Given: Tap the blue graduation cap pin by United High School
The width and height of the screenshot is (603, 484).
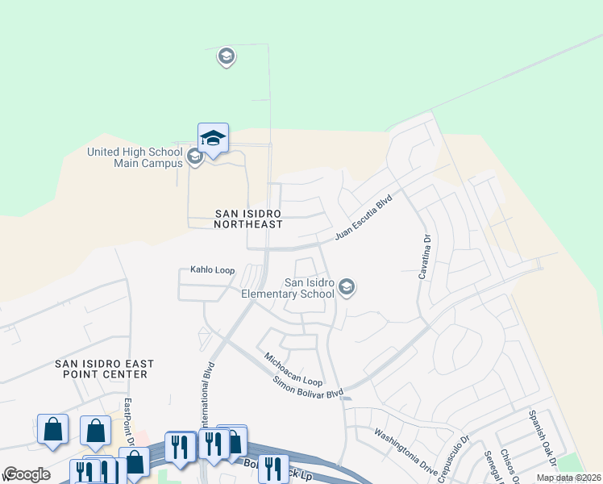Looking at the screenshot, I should tap(213, 139).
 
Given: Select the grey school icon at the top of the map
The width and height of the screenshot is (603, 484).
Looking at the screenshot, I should tap(227, 56).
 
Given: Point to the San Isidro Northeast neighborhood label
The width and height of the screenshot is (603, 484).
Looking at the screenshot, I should tap(249, 219).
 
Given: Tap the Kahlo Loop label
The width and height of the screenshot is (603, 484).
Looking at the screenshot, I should tap(212, 271).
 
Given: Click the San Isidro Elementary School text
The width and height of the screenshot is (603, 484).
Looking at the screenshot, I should tap(288, 288).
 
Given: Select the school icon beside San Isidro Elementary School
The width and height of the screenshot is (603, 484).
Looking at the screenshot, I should tap(347, 287).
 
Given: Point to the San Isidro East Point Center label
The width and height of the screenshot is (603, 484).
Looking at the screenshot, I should tap(104, 369).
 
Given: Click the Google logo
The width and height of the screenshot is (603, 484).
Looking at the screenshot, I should tap(27, 474).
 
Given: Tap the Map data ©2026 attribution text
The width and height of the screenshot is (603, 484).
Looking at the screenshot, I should tap(568, 478).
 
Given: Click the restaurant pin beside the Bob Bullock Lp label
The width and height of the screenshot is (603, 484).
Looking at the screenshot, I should tap(273, 467).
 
